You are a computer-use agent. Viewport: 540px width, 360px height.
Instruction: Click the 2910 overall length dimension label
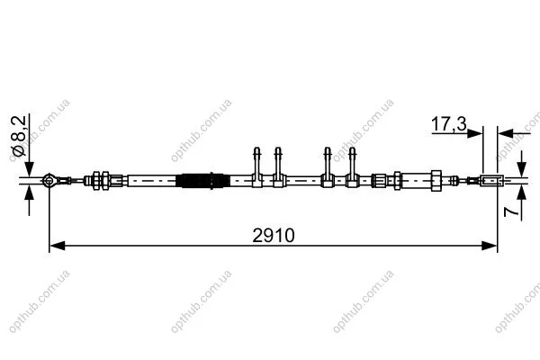[274, 236]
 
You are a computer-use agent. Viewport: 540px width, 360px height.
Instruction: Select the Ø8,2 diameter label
[19, 136]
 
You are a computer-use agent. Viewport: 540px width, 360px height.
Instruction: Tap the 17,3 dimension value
[449, 124]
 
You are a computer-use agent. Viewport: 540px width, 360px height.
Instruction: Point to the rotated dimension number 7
[510, 211]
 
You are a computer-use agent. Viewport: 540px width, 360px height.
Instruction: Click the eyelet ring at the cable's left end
[49, 181]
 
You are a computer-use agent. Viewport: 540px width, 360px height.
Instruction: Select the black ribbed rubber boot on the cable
[202, 181]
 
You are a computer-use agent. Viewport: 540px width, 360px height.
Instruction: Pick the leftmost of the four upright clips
[256, 167]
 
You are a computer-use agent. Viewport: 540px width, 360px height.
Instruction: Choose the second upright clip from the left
[278, 167]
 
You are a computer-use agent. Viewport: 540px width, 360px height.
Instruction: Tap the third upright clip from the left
[328, 167]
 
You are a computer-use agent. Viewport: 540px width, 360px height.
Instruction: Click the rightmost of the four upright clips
[352, 167]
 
